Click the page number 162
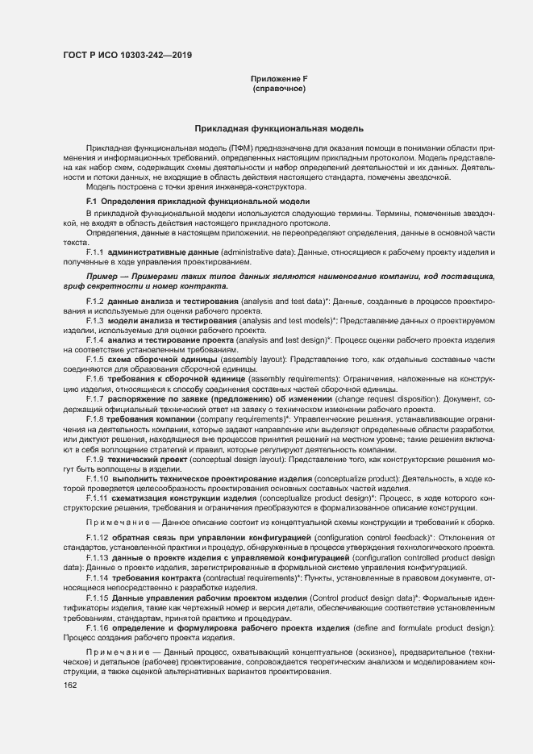[x=70, y=685]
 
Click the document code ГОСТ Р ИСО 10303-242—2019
[x=127, y=56]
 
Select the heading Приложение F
[x=279, y=78]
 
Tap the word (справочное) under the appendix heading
[x=279, y=88]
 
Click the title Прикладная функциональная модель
[x=279, y=129]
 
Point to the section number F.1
[x=91, y=200]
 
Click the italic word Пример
[x=106, y=277]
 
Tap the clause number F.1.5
[x=95, y=357]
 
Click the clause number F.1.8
[x=95, y=420]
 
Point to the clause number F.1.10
[x=98, y=480]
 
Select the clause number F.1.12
[x=98, y=536]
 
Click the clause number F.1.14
[x=98, y=578]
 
